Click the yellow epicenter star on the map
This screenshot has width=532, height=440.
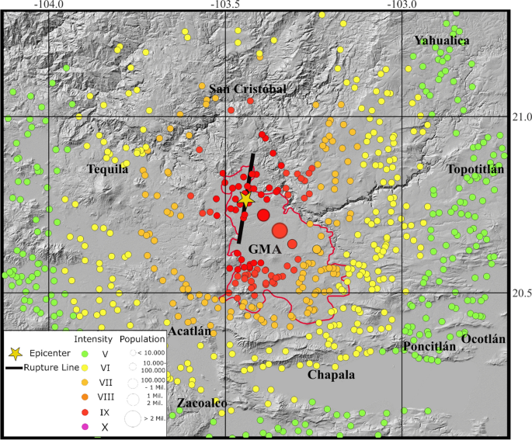[x=246, y=199]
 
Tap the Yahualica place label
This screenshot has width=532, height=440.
[x=442, y=40]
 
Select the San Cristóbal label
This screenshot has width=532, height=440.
[x=249, y=90]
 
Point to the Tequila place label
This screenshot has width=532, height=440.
[x=108, y=169]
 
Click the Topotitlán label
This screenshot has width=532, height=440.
[x=475, y=169]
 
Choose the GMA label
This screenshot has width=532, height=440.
[x=265, y=250]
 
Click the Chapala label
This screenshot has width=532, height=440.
[x=331, y=375]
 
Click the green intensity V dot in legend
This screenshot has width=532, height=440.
[x=85, y=354]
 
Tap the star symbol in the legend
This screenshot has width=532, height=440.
[x=15, y=354]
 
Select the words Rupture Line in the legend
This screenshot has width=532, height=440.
[x=47, y=368]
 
